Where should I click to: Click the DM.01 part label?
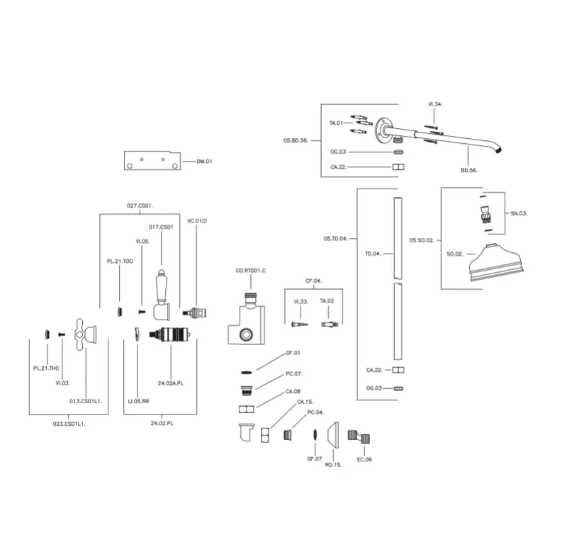pyautogui.click(x=205, y=162)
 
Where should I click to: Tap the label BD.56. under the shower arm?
pyautogui.click(x=469, y=171)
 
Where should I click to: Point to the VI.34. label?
pyautogui.click(x=435, y=104)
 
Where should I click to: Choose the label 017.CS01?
pyautogui.click(x=161, y=227)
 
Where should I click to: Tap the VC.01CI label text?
pyautogui.click(x=196, y=221)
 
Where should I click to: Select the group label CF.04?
pyautogui.click(x=313, y=281)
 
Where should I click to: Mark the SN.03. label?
pyautogui.click(x=519, y=213)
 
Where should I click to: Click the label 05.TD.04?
pyautogui.click(x=335, y=239)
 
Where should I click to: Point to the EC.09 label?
pyautogui.click(x=364, y=460)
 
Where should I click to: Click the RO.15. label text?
pyautogui.click(x=333, y=465)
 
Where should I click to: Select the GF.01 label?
pyautogui.click(x=293, y=352)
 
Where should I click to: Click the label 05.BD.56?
pyautogui.click(x=295, y=141)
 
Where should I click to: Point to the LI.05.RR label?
pyautogui.click(x=138, y=401)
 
